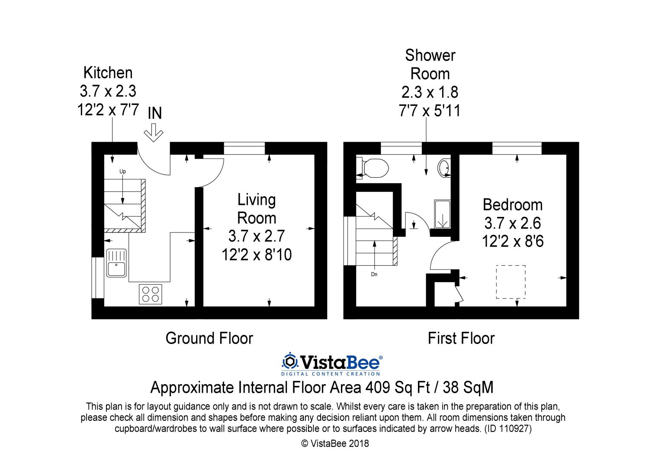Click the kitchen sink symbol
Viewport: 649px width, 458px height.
click(116, 263)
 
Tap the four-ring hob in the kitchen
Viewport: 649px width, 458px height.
click(151, 294)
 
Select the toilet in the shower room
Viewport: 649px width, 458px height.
click(372, 168)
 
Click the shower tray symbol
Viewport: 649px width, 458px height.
click(443, 214)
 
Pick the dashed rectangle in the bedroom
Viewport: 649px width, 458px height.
click(511, 282)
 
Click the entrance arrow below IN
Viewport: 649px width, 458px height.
click(154, 133)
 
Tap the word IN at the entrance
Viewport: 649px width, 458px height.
click(155, 113)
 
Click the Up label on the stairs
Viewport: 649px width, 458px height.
click(122, 172)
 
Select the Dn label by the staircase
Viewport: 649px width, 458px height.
click(374, 274)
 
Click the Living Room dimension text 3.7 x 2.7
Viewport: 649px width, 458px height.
click(257, 236)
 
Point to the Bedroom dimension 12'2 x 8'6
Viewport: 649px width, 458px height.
click(513, 241)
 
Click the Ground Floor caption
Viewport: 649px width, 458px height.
click(209, 338)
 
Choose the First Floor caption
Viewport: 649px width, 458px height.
click(461, 338)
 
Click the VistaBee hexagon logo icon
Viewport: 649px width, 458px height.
click(290, 361)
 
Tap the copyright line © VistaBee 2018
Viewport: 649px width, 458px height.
click(335, 444)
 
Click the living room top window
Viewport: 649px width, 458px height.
click(244, 148)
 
